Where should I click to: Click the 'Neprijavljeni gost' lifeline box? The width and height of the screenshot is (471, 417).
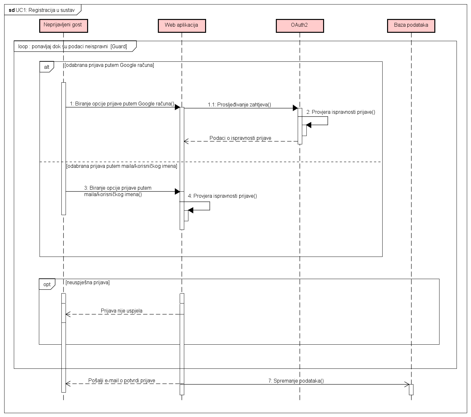tap(63, 25)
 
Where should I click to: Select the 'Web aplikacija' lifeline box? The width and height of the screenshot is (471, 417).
tap(182, 25)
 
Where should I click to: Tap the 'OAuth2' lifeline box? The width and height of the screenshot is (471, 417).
tap(300, 25)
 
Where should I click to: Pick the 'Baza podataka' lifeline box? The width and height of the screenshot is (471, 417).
tap(411, 25)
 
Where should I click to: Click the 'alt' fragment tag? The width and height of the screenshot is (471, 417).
tap(47, 67)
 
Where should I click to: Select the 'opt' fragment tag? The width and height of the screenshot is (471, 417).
tap(47, 284)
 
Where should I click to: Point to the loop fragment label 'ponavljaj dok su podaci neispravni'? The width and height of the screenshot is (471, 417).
tap(73, 47)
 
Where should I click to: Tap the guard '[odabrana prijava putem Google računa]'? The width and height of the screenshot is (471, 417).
tap(109, 65)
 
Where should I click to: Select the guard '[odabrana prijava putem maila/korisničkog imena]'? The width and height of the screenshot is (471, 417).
tap(122, 166)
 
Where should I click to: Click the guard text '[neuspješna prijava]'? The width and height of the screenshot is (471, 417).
tap(87, 283)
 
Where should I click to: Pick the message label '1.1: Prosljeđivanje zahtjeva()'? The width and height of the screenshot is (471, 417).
tap(240, 104)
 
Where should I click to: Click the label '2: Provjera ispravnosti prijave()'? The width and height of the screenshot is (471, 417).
tap(341, 112)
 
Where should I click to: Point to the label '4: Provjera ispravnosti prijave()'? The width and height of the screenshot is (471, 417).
tap(222, 196)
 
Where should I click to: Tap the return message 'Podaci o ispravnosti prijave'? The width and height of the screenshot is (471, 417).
tap(240, 138)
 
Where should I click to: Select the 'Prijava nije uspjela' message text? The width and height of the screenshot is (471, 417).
tap(122, 311)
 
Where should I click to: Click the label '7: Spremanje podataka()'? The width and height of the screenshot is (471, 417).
tap(296, 381)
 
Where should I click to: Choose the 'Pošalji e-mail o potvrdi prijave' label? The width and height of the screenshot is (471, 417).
tap(122, 381)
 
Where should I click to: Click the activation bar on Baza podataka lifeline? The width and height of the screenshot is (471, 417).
tap(411, 389)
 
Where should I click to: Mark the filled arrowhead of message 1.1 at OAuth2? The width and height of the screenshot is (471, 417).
tap(295, 108)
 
